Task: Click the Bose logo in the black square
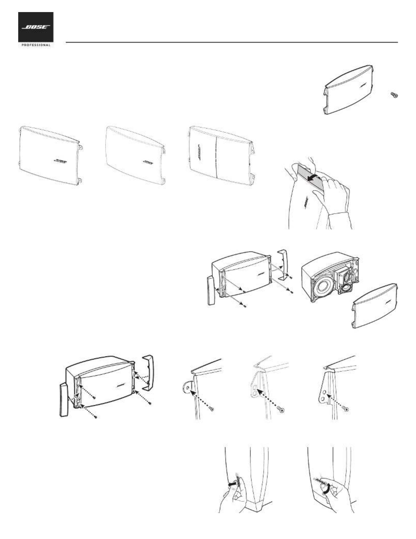click(x=36, y=27)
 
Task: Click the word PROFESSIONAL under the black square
click(x=36, y=45)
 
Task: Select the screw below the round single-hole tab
click(x=212, y=408)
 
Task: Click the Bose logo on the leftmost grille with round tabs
click(x=61, y=162)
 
